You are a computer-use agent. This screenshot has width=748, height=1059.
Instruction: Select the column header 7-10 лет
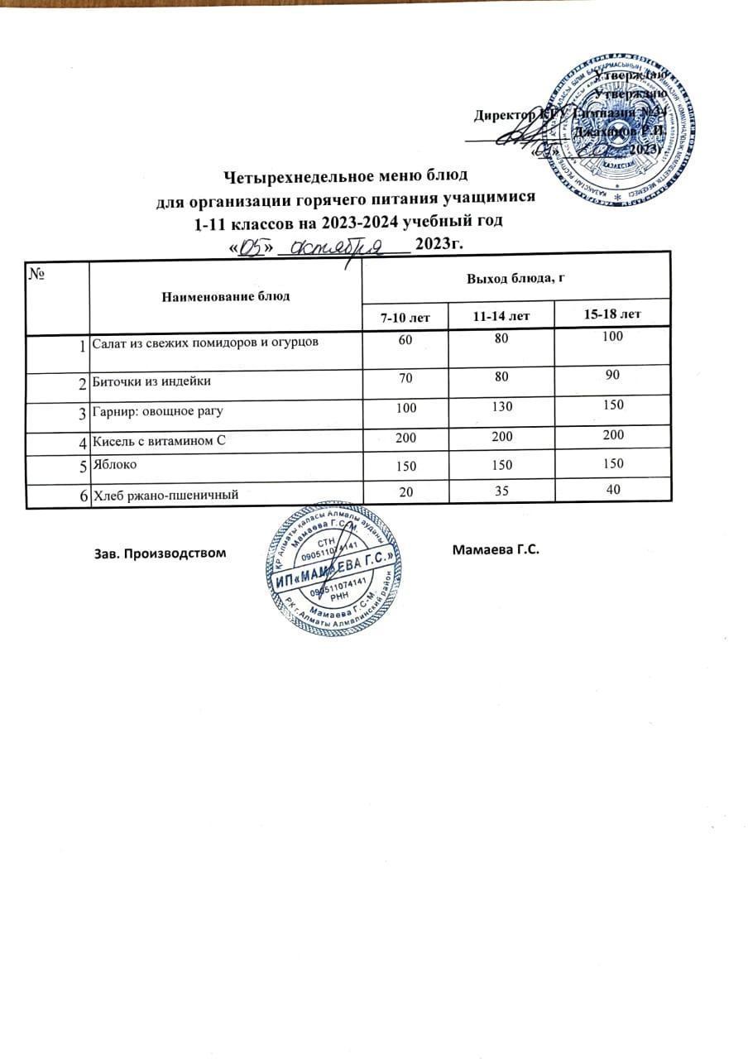pos(405,317)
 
